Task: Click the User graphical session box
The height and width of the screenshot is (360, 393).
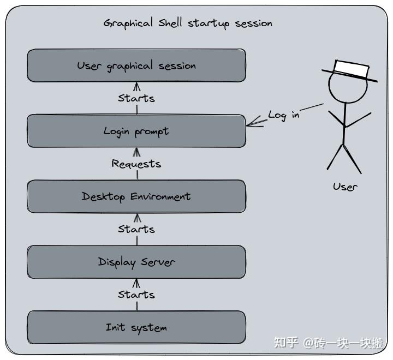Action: [136, 65]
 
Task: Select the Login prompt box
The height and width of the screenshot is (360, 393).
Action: [136, 131]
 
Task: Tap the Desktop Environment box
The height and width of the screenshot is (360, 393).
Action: [136, 196]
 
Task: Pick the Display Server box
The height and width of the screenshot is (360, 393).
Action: [136, 262]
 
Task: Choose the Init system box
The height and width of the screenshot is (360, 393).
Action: [136, 327]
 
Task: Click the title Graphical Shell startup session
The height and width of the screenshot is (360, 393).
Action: [188, 23]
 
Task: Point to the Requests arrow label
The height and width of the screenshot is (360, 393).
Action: [136, 164]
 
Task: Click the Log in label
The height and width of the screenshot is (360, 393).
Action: [284, 115]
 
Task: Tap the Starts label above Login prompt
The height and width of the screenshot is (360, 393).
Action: [136, 98]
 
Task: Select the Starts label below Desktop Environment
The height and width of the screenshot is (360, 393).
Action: [136, 229]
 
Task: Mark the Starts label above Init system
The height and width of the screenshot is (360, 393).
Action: [136, 295]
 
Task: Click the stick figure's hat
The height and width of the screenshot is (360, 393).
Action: [350, 70]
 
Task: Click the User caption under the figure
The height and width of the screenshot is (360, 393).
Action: [345, 187]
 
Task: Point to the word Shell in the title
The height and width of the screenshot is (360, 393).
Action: [171, 23]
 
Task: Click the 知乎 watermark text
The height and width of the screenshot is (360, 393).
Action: [286, 343]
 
